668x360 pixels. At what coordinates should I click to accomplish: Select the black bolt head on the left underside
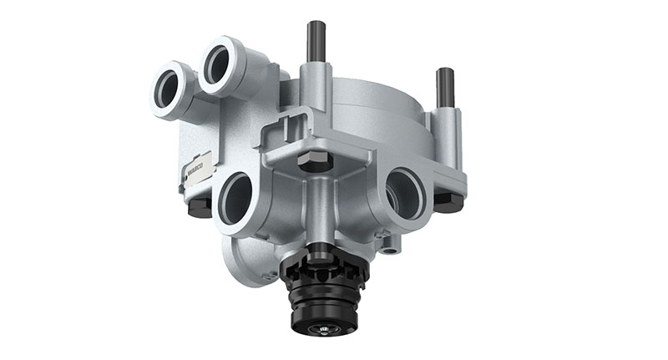[200, 207]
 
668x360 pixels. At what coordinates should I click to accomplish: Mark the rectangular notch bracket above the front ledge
[282, 130]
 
